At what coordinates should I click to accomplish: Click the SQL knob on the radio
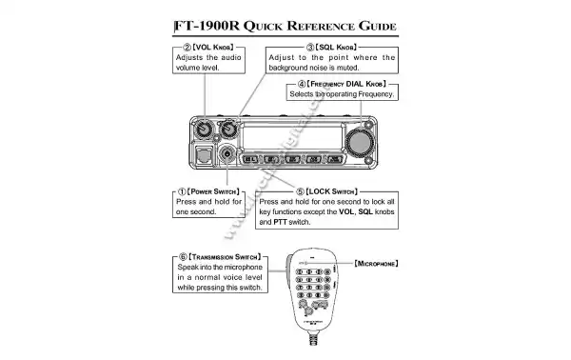(228, 129)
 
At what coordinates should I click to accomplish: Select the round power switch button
(227, 154)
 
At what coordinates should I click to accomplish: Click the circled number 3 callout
(310, 46)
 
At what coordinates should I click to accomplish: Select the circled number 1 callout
(182, 190)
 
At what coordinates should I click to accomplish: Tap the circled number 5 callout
(301, 190)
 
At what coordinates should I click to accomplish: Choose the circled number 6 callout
(182, 256)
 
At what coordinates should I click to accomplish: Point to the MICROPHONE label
(374, 262)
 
